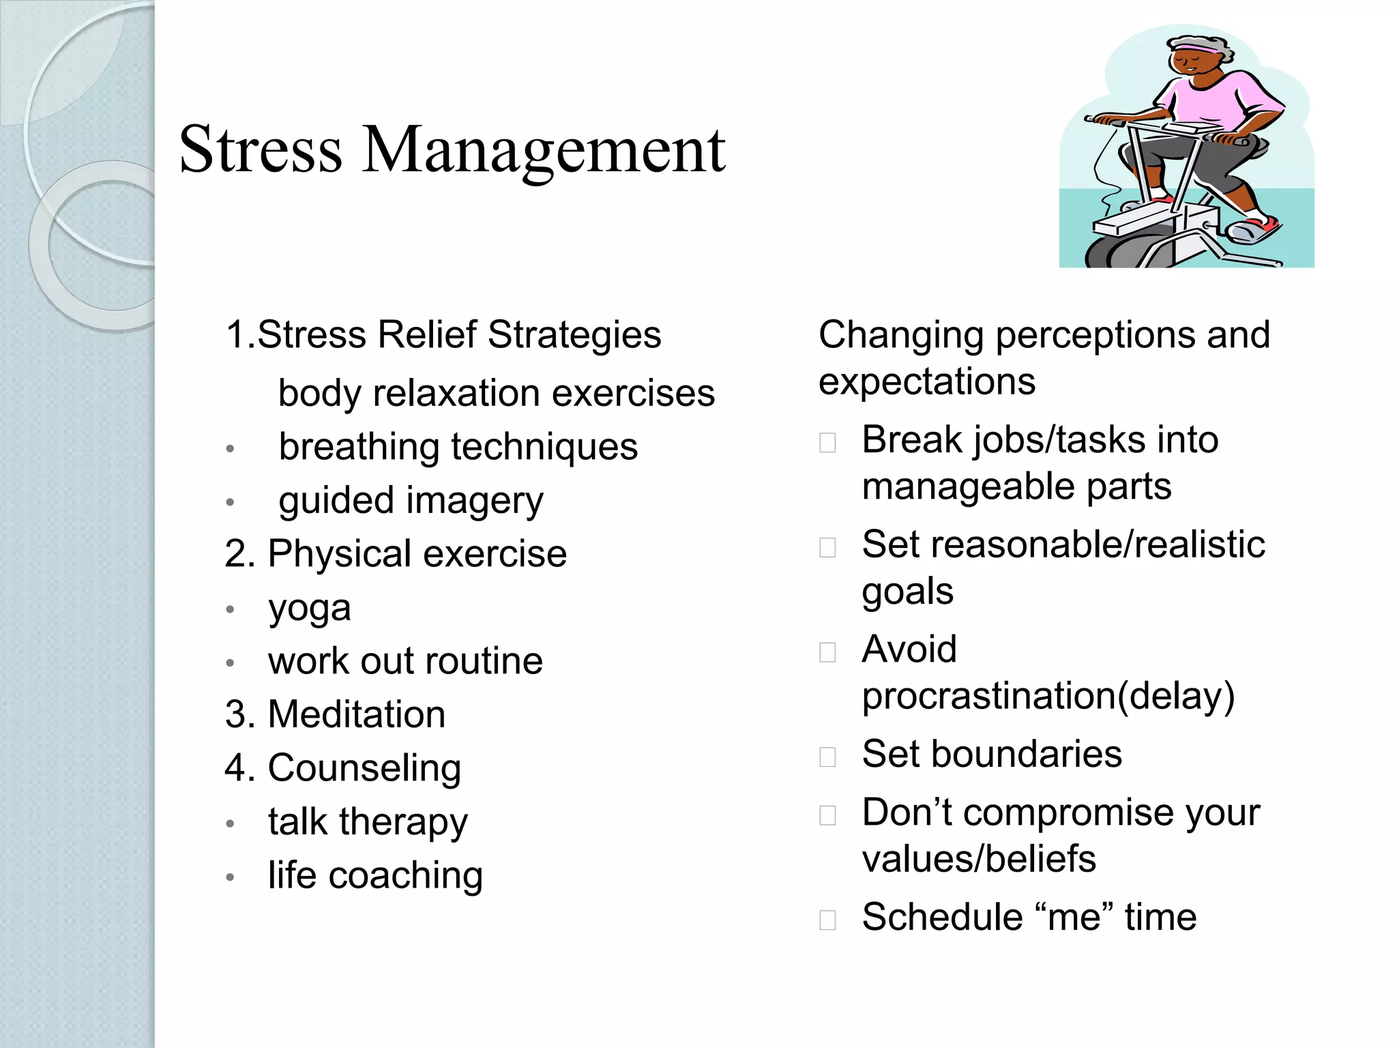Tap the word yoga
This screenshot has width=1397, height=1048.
tap(310, 608)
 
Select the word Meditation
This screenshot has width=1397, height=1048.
tap(357, 714)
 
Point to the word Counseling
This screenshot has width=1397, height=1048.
tap(364, 768)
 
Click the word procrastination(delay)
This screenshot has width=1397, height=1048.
tap(1048, 697)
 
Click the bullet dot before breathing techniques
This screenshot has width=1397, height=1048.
tap(231, 449)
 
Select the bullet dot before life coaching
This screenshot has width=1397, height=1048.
tap(231, 877)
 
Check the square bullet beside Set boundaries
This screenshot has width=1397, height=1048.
tap(827, 757)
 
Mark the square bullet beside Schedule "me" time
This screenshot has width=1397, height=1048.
tap(827, 920)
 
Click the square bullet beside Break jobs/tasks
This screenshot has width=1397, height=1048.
tap(827, 443)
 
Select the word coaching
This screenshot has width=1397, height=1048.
tap(406, 875)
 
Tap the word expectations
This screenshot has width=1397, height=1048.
tap(927, 381)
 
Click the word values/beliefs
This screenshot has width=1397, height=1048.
tap(979, 859)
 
